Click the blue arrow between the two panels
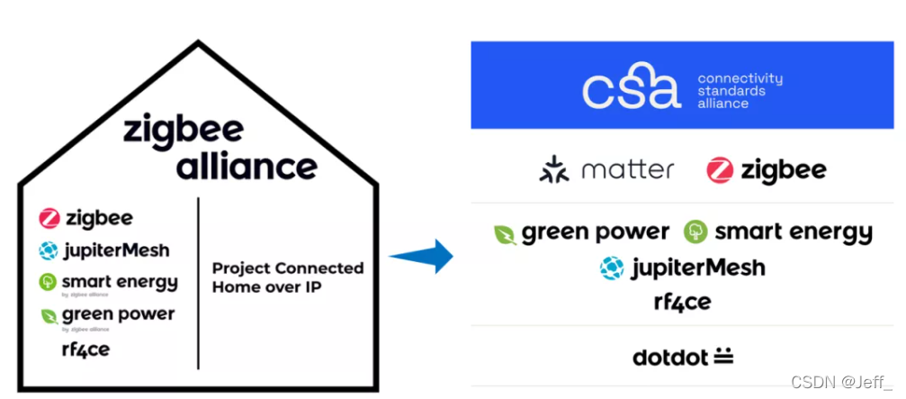[422, 256]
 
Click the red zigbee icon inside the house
[49, 218]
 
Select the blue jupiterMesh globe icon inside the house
[49, 250]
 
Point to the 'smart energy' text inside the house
[120, 282]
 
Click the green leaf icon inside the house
[49, 316]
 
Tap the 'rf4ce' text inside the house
[85, 349]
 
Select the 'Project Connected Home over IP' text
[288, 277]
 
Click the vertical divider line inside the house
[198, 284]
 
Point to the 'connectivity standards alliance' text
[740, 91]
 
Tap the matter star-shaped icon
[554, 169]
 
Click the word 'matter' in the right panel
[628, 169]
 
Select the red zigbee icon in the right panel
[720, 169]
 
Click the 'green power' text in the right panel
[596, 232]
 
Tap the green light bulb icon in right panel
[695, 232]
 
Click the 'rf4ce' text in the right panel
[682, 302]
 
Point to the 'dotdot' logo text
[670, 357]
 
